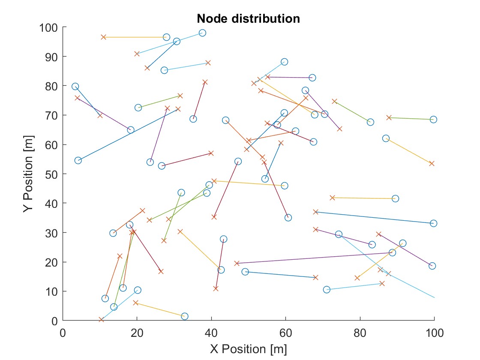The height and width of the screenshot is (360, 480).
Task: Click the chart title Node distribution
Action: coord(248,19)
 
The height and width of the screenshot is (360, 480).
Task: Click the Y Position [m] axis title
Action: coord(29,174)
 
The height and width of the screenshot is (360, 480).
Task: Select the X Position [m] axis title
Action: coord(248,349)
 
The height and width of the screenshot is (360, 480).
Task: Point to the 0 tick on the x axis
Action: coord(63,332)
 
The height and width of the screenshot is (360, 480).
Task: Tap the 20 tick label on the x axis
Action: coord(137,332)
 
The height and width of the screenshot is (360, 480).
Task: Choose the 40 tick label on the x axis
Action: coord(211,332)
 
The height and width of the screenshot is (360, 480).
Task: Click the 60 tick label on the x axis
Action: coord(285,332)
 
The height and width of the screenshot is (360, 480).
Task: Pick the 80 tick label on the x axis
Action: coord(360,332)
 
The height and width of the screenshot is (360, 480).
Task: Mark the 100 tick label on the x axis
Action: coord(434,332)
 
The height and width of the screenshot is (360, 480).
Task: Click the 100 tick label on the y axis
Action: coord(48,28)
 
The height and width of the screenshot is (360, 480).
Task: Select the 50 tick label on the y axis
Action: coord(51,174)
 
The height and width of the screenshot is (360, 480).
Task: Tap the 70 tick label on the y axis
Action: coord(51,116)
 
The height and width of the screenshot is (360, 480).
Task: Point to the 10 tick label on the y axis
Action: coord(51,292)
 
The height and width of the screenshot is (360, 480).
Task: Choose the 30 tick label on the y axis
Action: coord(51,233)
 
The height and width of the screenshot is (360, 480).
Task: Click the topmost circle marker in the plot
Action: coord(202,33)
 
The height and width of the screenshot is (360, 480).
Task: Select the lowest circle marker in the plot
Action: coord(185,316)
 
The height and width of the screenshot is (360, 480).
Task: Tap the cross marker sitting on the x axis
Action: coord(101,320)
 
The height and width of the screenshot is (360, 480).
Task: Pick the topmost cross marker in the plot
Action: coord(103,37)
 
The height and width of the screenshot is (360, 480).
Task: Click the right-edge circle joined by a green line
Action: coord(433,120)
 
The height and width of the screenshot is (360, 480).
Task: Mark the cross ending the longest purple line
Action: coord(237,263)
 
